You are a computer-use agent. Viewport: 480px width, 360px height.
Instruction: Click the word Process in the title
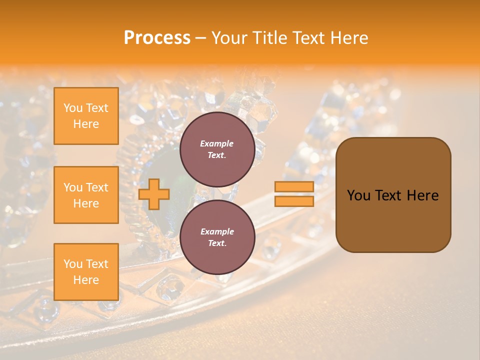[157, 38]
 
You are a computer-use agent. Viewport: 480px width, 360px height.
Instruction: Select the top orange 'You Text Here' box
[86, 116]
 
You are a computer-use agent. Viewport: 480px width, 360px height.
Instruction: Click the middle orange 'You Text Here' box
[86, 195]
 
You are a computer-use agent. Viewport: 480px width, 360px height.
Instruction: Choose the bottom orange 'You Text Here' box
[86, 272]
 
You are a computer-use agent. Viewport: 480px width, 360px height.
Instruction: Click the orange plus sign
[154, 194]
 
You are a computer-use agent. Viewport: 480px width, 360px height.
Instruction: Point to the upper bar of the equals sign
[294, 187]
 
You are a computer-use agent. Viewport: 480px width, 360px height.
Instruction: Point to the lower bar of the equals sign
[294, 201]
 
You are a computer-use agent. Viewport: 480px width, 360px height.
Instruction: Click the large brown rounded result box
[393, 220]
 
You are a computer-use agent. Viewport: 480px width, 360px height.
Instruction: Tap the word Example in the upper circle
[217, 143]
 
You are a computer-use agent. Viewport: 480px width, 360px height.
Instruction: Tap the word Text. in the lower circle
[217, 243]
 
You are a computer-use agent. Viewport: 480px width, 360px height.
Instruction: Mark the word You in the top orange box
[73, 108]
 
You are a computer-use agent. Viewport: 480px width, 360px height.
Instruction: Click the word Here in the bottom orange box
[86, 280]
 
